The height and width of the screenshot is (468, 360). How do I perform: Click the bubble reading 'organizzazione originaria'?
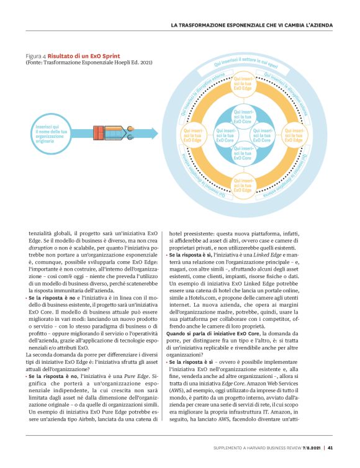click(x=49, y=134)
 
